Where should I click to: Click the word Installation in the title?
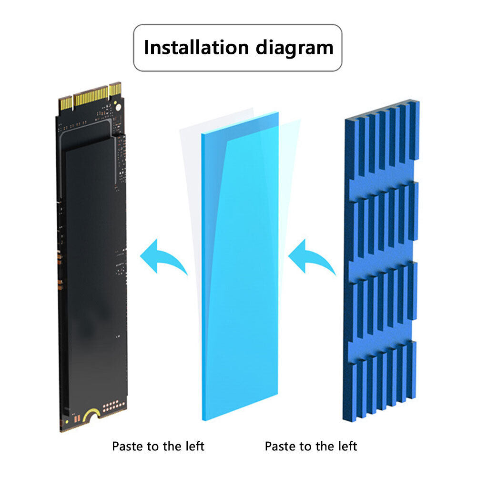click(x=196, y=48)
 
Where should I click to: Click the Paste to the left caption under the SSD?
click(x=158, y=447)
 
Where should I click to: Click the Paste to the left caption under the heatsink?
click(x=311, y=447)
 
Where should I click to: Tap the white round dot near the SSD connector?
click(x=118, y=107)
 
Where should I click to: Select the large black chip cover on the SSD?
click(x=96, y=274)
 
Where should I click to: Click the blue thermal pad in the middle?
click(x=240, y=266)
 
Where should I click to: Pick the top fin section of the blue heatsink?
click(x=382, y=138)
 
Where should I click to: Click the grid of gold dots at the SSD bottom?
click(x=114, y=406)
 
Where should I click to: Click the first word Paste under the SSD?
click(x=127, y=447)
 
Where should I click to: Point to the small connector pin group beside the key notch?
click(x=115, y=89)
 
